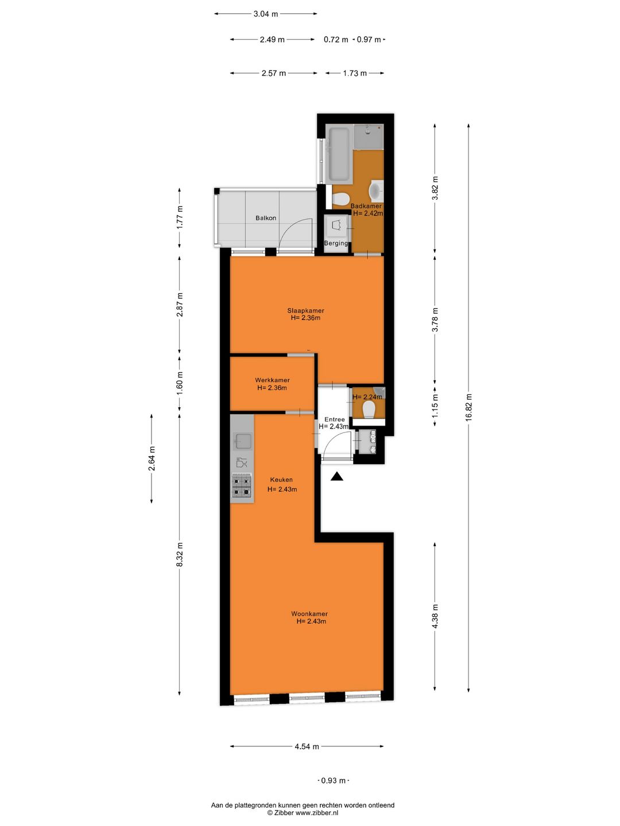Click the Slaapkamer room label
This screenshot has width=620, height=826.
pyautogui.click(x=305, y=311)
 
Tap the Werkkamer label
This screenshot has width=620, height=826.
pyautogui.click(x=272, y=380)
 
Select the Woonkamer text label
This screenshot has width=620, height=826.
pyautogui.click(x=309, y=614)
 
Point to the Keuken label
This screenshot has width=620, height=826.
pyautogui.click(x=281, y=480)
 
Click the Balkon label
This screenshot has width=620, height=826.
pyautogui.click(x=266, y=218)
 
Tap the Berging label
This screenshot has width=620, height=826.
pyautogui.click(x=336, y=243)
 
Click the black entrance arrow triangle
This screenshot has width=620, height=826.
pyautogui.click(x=337, y=476)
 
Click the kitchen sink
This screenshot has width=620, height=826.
pyautogui.click(x=242, y=441)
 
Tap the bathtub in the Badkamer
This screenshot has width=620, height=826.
pyautogui.click(x=338, y=153)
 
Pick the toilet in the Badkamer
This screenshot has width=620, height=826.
pyautogui.click(x=340, y=198)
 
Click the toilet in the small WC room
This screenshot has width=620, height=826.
pyautogui.click(x=369, y=409)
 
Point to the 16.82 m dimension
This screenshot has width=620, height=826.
pyautogui.click(x=469, y=407)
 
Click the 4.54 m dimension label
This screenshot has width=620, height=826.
pyautogui.click(x=307, y=746)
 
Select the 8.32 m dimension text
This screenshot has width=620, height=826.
pyautogui.click(x=180, y=555)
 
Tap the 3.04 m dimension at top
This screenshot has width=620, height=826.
pyautogui.click(x=266, y=14)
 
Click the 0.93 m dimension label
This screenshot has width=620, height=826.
pyautogui.click(x=334, y=780)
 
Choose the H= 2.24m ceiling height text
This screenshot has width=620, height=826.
pyautogui.click(x=367, y=397)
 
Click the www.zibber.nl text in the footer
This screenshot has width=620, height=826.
pyautogui.click(x=317, y=813)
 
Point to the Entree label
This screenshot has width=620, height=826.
pyautogui.click(x=335, y=419)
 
